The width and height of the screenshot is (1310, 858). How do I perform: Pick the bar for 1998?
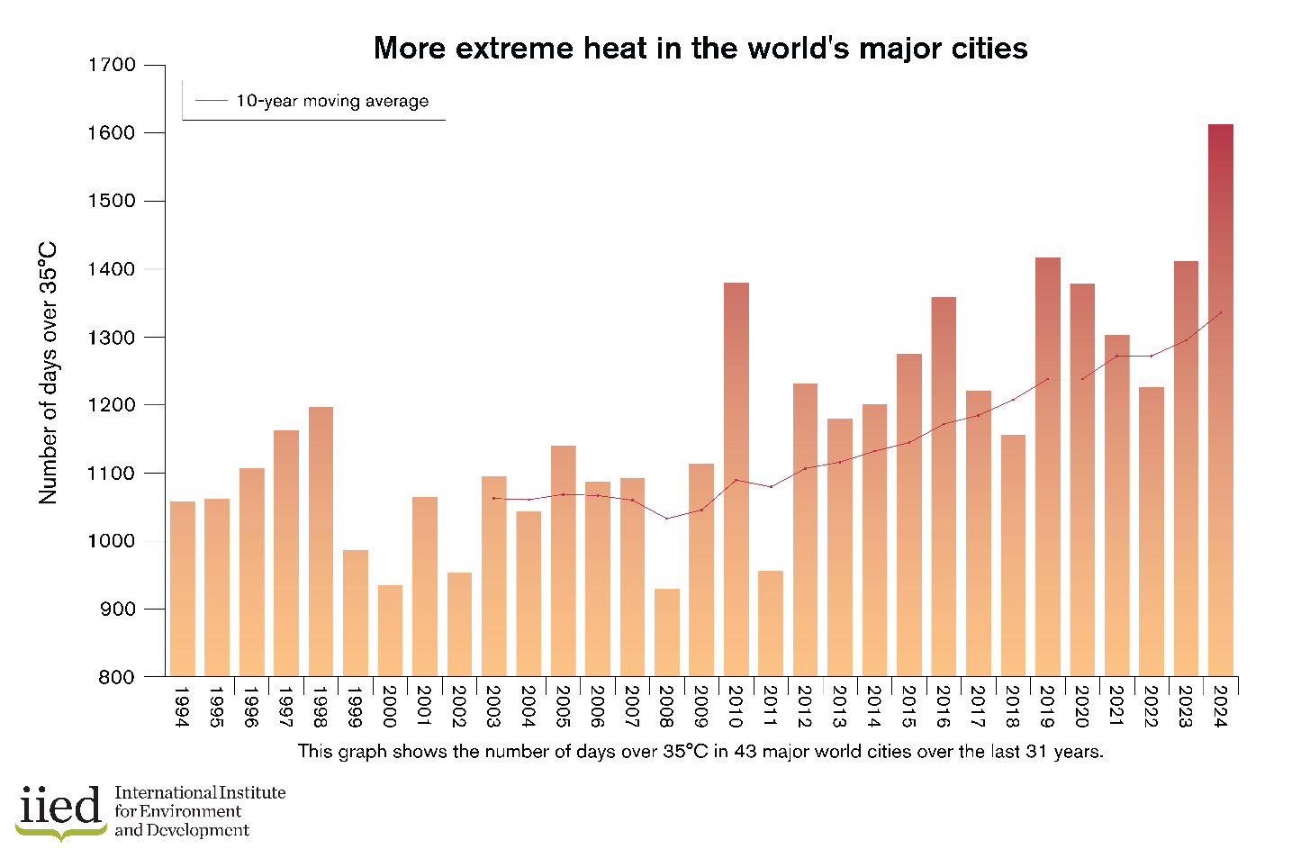click(x=321, y=541)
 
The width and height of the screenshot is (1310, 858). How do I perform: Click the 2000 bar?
click(x=390, y=630)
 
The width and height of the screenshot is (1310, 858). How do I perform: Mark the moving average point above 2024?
click(x=1220, y=313)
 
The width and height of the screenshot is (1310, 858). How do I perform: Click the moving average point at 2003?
click(x=493, y=498)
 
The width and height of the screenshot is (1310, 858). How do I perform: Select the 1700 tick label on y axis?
click(x=112, y=65)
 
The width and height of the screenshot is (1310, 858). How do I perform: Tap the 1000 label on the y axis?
click(x=112, y=541)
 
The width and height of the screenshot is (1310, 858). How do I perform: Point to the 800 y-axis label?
click(x=117, y=677)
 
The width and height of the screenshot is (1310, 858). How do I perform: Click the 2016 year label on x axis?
click(x=943, y=707)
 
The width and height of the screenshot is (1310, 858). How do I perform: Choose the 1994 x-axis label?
click(x=181, y=707)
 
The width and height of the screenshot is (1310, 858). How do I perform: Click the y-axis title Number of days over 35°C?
click(x=48, y=373)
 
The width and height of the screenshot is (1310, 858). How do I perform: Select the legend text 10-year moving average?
click(x=332, y=101)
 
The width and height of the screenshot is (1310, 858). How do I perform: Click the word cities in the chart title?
click(x=988, y=48)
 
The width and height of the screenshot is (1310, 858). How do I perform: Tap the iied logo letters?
click(x=60, y=806)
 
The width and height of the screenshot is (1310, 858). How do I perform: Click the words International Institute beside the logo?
click(x=200, y=792)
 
